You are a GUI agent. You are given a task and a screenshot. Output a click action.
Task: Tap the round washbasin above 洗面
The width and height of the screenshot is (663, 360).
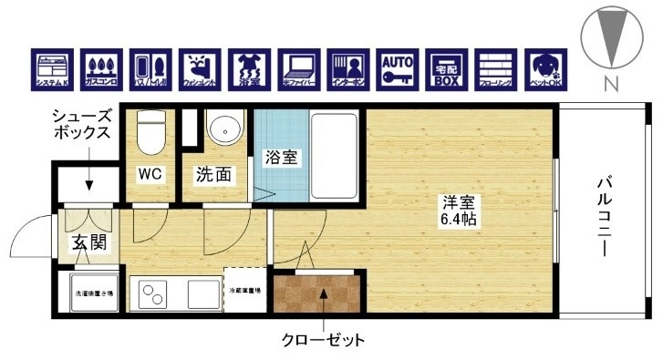click(x=223, y=129)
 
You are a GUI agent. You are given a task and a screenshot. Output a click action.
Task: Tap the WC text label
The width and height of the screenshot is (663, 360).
click(x=150, y=175)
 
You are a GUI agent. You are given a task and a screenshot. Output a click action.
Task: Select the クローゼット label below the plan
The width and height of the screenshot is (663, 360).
click(x=323, y=341)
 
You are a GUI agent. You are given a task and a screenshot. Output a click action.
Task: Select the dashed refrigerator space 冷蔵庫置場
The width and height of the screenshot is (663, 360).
click(x=244, y=291)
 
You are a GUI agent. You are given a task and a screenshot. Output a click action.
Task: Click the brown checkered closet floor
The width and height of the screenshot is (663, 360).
click(x=319, y=293)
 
